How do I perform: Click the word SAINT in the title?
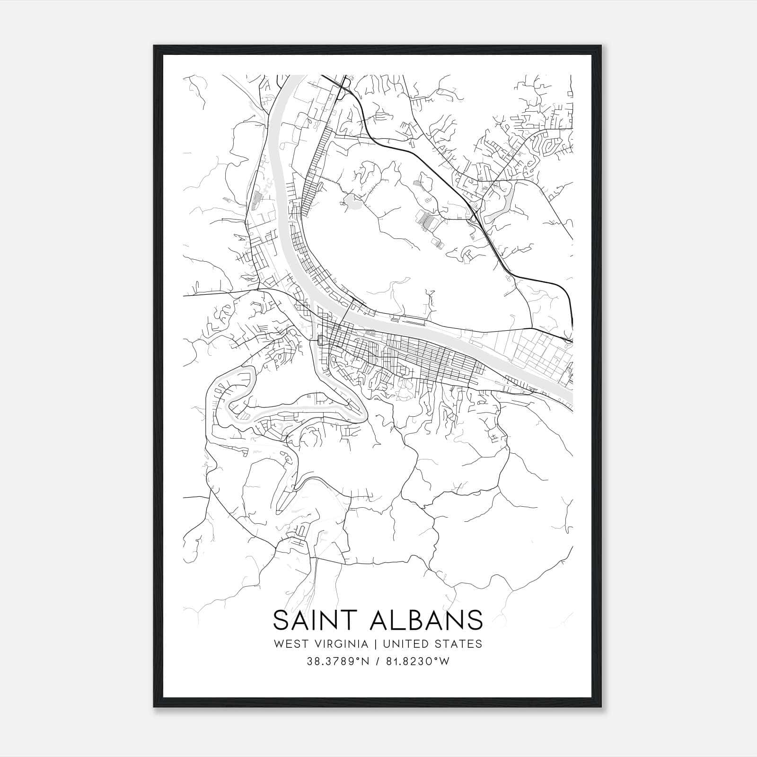click(315, 620)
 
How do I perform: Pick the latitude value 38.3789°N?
click(337, 661)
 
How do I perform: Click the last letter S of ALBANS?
click(475, 620)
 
